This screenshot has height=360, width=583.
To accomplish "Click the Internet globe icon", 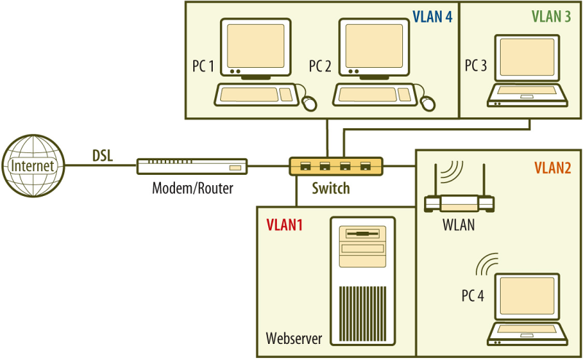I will point(33,166).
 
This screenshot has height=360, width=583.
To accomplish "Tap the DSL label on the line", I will point(103,154).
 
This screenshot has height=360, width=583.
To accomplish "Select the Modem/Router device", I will point(192,166).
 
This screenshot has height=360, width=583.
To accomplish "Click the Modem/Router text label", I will point(192,189).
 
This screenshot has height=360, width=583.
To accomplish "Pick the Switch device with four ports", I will point(335,166).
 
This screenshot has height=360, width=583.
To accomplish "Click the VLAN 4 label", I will point(433,16).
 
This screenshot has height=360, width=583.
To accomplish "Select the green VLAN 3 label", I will point(551,16).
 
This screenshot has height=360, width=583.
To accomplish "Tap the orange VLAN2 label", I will point(552,168).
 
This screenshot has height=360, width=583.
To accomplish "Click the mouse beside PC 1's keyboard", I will point(310,102).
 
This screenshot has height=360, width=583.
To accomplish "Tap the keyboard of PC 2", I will point(375,94).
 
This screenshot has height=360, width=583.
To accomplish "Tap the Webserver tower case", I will point(362,280).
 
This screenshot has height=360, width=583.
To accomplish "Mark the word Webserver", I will point(294,338).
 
